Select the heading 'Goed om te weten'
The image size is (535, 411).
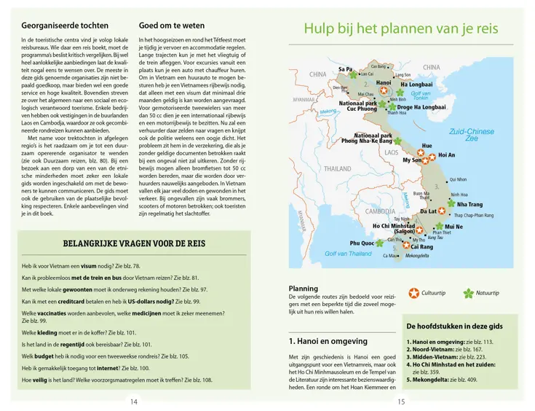tap(172, 26)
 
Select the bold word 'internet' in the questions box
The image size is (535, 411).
tap(106, 369)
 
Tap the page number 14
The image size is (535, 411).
tap(133, 401)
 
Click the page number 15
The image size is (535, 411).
tap(401, 401)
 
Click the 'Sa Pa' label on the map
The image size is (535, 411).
tap(345, 69)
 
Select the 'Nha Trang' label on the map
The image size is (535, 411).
tap(469, 205)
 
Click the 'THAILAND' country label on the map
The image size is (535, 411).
tap(338, 168)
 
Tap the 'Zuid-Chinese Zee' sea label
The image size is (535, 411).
tap(470, 135)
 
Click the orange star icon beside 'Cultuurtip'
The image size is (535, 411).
tap(413, 293)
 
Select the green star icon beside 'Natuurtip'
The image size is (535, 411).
tap(469, 293)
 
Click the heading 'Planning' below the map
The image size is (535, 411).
tap(304, 289)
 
